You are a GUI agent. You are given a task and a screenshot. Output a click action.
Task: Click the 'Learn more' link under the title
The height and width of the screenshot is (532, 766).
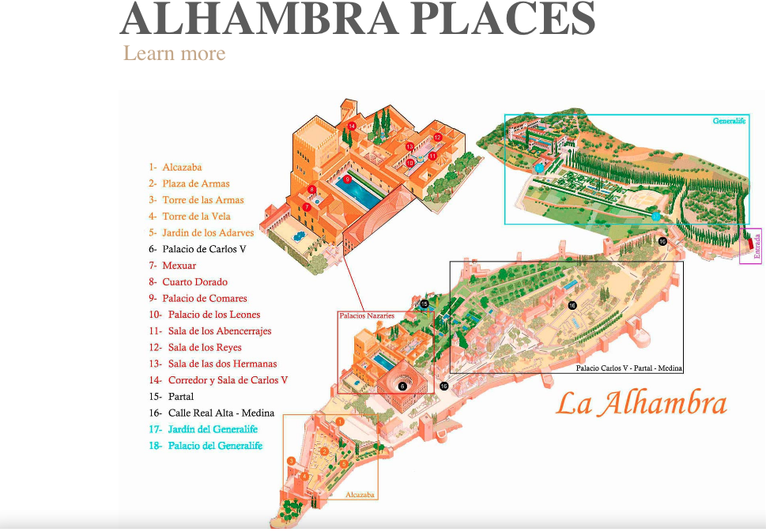click(174, 54)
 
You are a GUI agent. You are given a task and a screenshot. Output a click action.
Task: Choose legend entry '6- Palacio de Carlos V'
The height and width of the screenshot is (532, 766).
click(198, 249)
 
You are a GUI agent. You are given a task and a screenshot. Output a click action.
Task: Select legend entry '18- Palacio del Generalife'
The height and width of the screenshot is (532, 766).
click(206, 446)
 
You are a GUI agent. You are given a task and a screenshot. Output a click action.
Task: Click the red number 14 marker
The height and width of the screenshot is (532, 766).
click(352, 126)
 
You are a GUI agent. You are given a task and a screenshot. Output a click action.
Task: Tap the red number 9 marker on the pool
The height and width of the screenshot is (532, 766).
click(347, 179)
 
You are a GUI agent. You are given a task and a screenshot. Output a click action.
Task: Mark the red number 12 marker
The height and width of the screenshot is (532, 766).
click(437, 138)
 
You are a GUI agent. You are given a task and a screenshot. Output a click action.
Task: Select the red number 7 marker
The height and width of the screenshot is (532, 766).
click(306, 207)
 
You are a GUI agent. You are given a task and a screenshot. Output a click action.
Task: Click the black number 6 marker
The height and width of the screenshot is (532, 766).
click(402, 387)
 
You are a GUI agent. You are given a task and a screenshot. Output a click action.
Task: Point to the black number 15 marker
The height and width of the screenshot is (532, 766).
click(425, 304)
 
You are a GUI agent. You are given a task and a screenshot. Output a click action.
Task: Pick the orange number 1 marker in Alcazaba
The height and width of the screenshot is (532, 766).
click(339, 421)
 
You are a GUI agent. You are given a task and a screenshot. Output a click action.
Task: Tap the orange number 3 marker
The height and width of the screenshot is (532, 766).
click(291, 461)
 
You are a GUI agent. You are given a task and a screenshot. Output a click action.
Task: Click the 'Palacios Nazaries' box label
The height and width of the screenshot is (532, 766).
click(367, 315)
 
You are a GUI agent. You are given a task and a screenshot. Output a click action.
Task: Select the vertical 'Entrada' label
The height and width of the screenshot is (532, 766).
click(757, 246)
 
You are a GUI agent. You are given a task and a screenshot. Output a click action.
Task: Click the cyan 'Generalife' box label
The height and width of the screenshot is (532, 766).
click(729, 121)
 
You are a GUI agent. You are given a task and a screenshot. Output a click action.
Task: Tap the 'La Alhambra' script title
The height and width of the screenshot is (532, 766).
click(640, 404)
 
